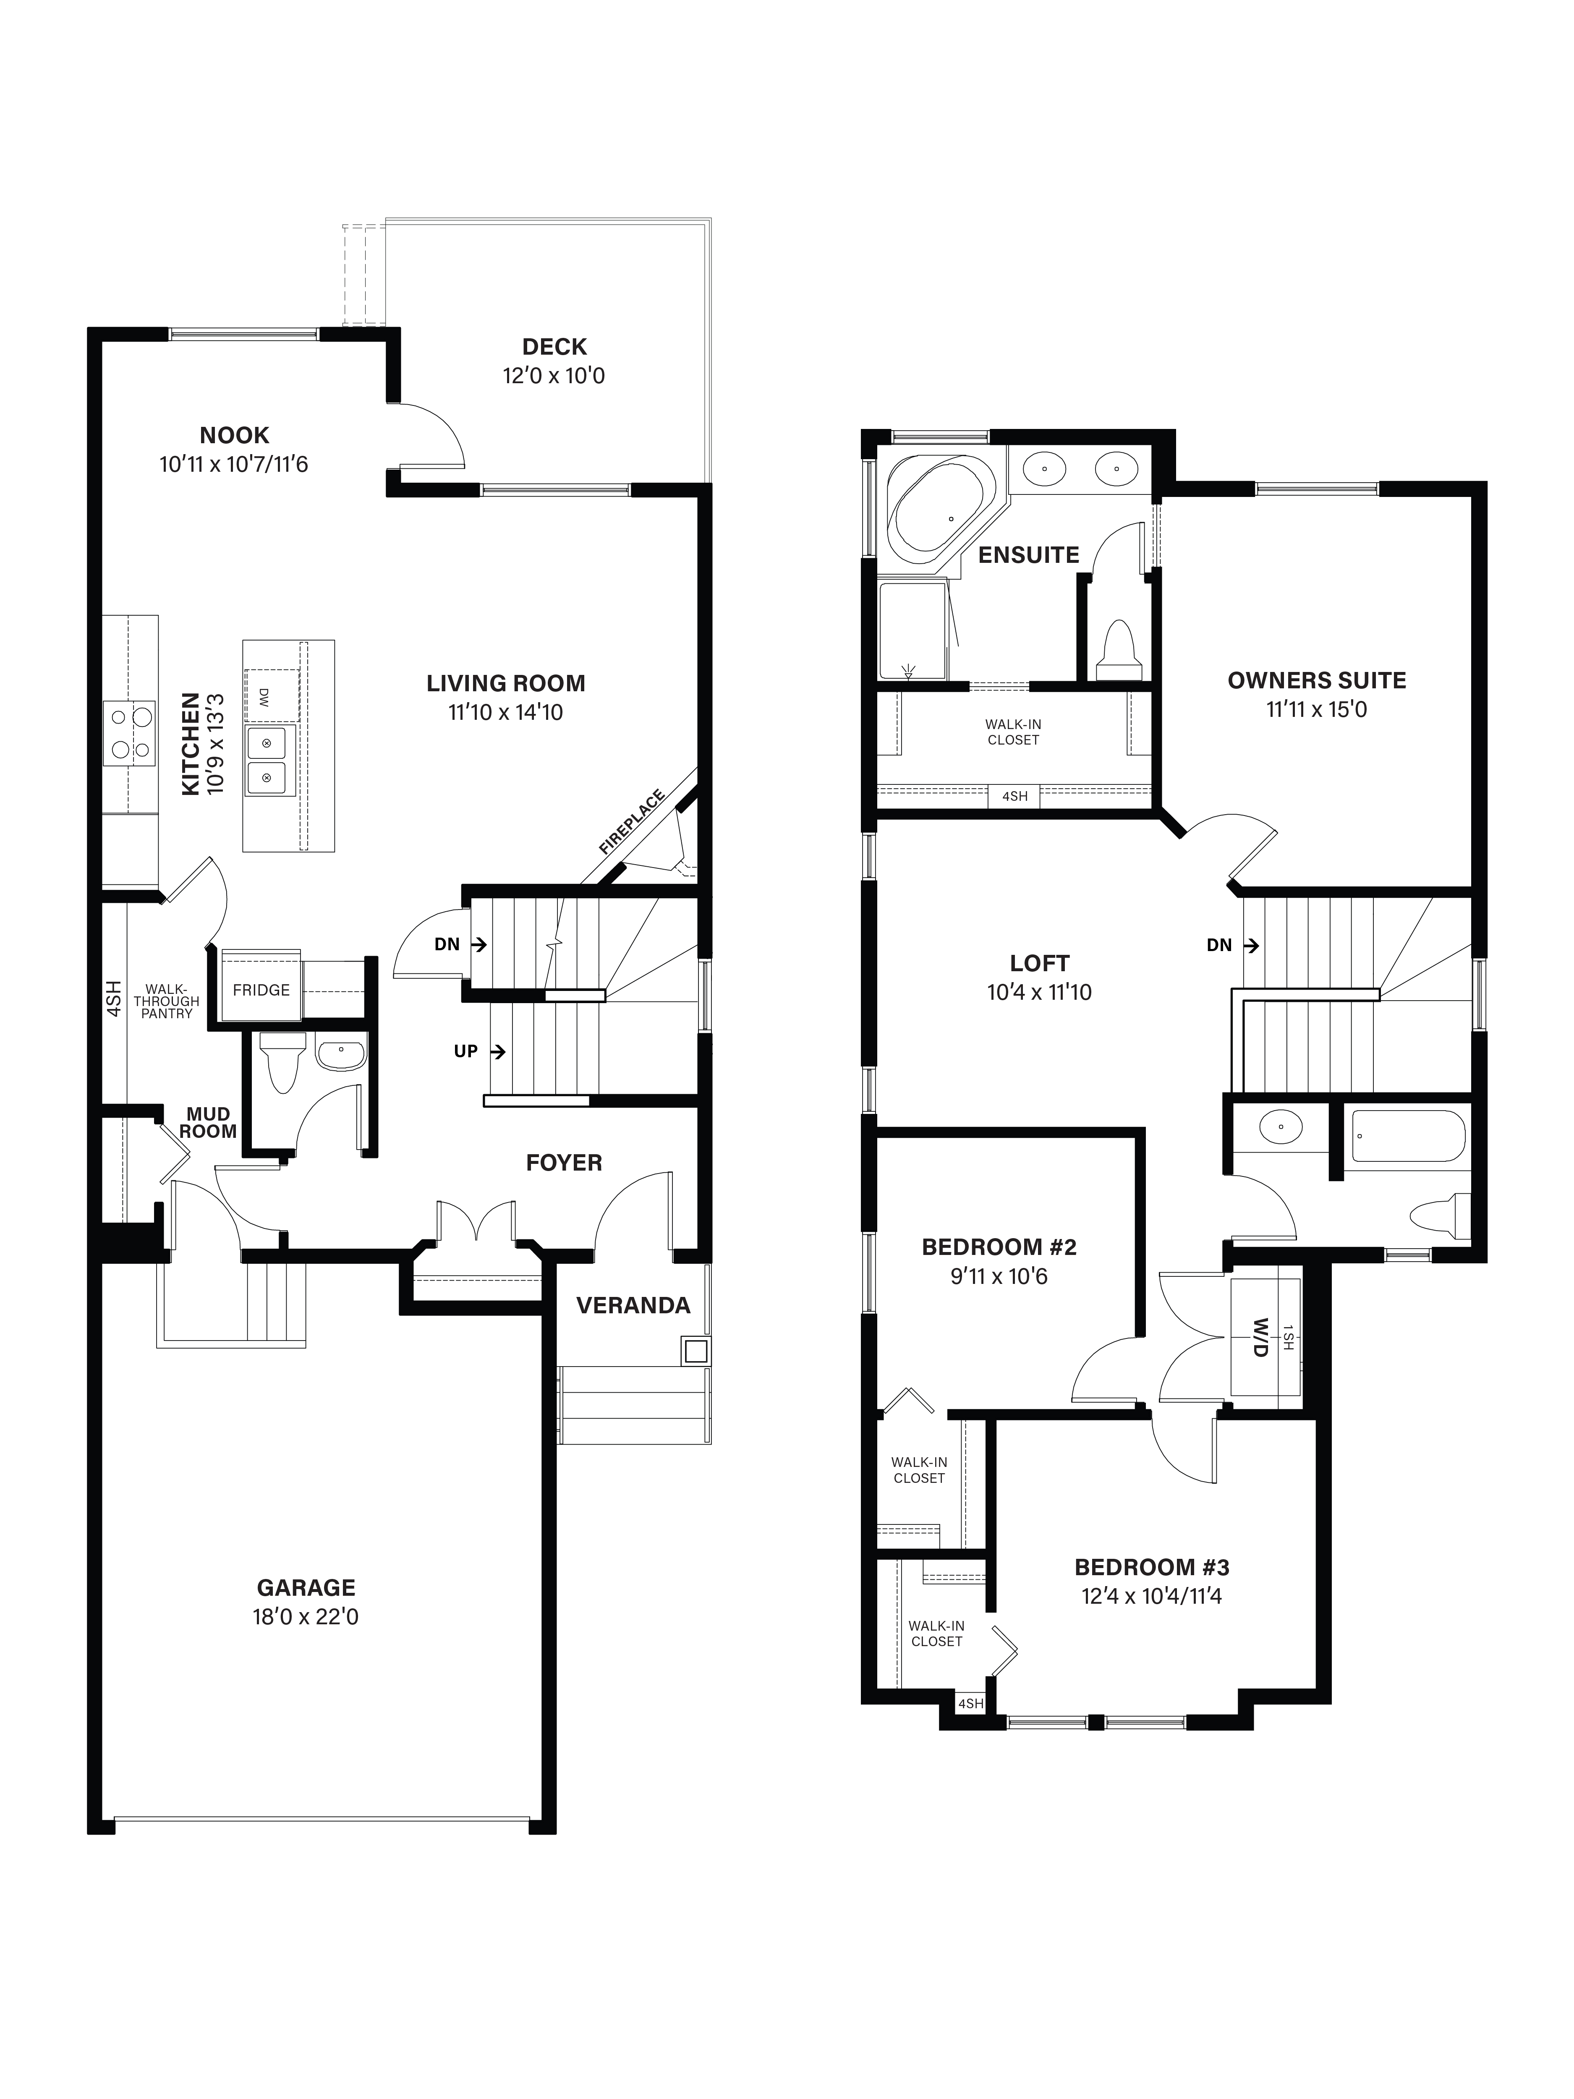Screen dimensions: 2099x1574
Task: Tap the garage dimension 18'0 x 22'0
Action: tap(306, 1616)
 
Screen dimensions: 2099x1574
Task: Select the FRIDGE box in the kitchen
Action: tap(261, 990)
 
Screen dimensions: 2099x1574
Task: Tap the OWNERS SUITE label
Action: tap(1316, 680)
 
